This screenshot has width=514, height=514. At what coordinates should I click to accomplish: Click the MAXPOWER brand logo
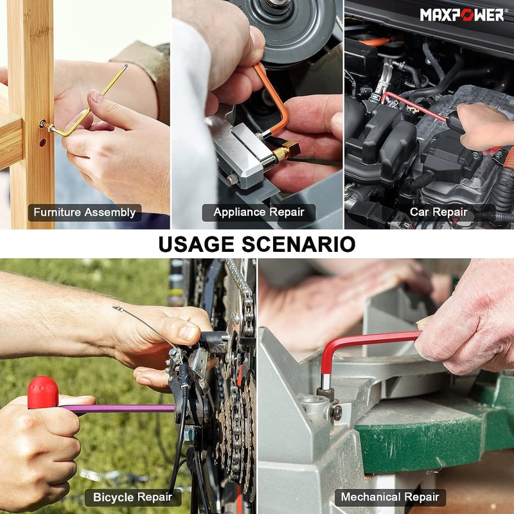point(462,15)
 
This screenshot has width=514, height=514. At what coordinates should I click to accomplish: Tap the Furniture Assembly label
point(85,213)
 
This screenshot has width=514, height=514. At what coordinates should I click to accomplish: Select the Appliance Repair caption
point(259,213)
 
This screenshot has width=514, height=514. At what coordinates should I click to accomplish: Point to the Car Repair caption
point(438,212)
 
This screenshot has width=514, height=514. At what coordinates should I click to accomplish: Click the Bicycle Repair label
point(133,497)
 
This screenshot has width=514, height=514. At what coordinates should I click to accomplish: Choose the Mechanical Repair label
point(390,497)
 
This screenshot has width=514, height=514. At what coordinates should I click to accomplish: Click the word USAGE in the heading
point(196,244)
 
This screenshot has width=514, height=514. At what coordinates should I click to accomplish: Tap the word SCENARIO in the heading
point(298,244)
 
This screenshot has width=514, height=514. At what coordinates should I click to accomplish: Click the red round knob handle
point(43,393)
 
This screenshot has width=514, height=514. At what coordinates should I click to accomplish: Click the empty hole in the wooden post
point(42,143)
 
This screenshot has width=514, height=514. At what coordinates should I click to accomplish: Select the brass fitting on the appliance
point(286,152)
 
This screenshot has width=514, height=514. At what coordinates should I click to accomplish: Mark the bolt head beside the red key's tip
point(337,412)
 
